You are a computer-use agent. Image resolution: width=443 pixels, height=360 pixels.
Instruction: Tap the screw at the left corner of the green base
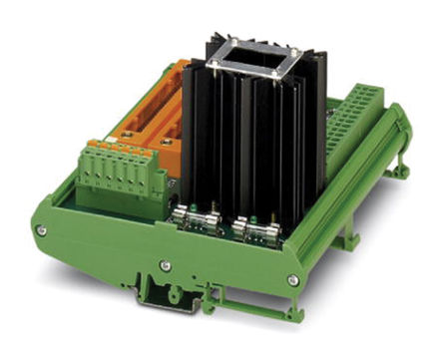click(x=41, y=230)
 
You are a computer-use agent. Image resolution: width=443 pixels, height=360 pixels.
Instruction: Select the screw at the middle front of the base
click(x=165, y=266)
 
